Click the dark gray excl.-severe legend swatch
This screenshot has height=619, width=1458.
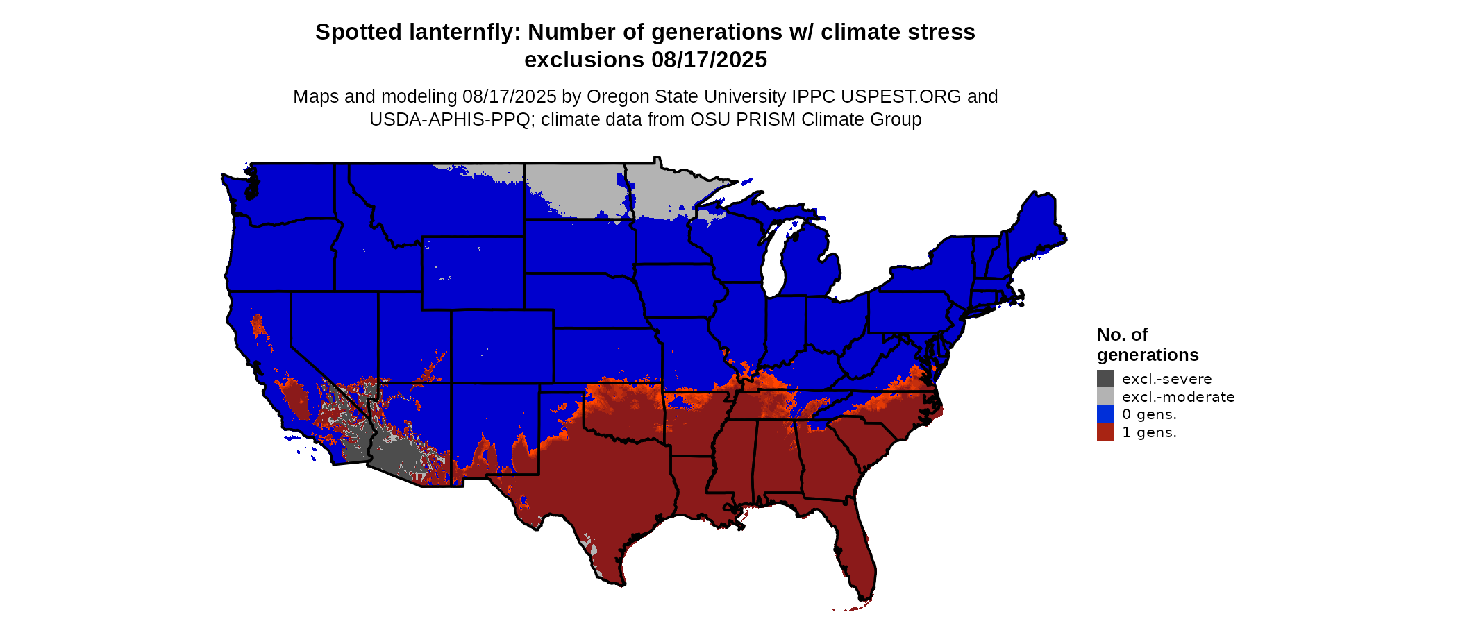pyautogui.click(x=1105, y=379)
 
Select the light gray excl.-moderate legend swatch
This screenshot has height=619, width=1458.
pyautogui.click(x=1105, y=397)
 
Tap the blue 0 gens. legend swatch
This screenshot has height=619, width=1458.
pyautogui.click(x=1105, y=414)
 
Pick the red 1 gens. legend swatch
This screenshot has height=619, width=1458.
pyautogui.click(x=1105, y=432)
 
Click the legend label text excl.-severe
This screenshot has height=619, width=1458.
pyautogui.click(x=1166, y=379)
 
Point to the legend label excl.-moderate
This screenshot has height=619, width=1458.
pyautogui.click(x=1178, y=397)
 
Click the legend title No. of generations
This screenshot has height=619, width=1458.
pyautogui.click(x=1147, y=345)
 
